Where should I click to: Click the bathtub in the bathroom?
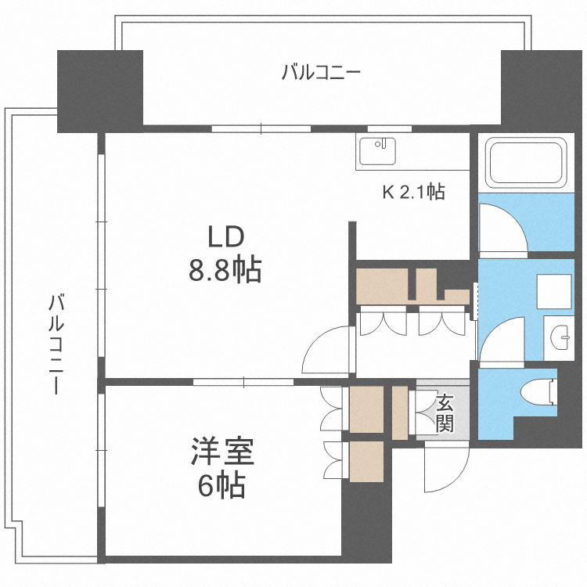click(x=526, y=163)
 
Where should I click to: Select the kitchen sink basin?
click(x=377, y=151)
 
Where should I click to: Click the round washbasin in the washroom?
click(x=560, y=337)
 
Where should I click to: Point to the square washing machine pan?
click(x=554, y=292)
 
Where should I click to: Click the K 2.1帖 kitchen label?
click(x=413, y=192)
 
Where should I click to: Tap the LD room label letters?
click(x=225, y=237)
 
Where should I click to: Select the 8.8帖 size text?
click(x=225, y=270)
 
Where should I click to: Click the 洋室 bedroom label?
click(x=223, y=451)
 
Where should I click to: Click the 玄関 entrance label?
click(x=445, y=412)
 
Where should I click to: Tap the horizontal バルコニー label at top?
click(x=321, y=72)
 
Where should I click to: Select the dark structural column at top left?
click(x=100, y=91)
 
